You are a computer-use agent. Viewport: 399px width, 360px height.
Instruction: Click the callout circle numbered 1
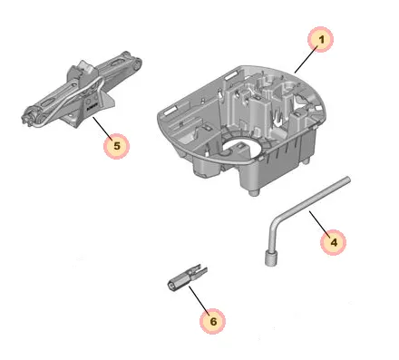[x=320, y=39]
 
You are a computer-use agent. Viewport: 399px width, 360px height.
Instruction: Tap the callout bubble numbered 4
[x=333, y=242]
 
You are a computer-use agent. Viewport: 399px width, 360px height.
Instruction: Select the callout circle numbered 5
[x=116, y=146]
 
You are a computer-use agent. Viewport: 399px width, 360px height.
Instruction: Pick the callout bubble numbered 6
[x=212, y=321]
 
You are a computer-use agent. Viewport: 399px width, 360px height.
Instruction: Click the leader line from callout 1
[x=306, y=60]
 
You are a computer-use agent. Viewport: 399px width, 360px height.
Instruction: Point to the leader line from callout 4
[x=318, y=222]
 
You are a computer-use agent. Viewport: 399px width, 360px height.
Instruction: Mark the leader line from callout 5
[x=102, y=129]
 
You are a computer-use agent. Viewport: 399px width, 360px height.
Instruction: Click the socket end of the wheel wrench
[x=270, y=258]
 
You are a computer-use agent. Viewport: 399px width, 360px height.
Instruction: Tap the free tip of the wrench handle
[x=347, y=180]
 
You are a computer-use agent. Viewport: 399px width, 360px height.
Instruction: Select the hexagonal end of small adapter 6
[x=171, y=285]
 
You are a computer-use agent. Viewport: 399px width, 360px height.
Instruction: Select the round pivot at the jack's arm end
[x=138, y=63]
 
